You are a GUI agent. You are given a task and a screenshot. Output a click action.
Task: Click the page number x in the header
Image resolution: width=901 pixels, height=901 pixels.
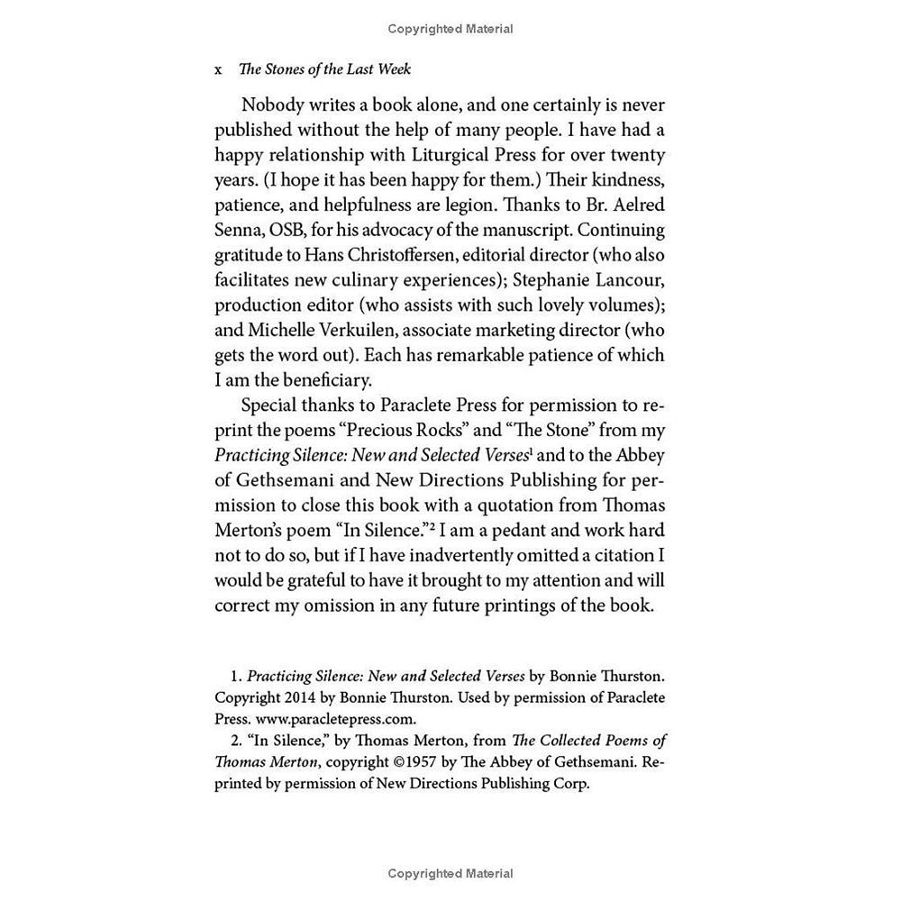tap(219, 70)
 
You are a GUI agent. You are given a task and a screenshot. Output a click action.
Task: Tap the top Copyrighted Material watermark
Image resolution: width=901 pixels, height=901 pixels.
tap(450, 29)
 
